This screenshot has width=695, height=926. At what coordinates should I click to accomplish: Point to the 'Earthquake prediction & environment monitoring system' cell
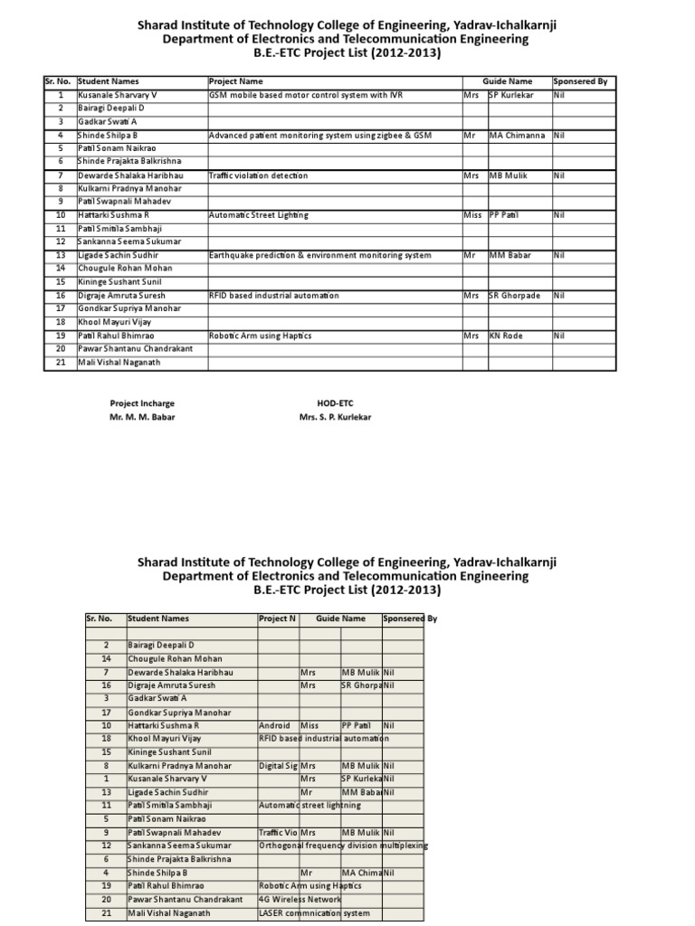coord(319,255)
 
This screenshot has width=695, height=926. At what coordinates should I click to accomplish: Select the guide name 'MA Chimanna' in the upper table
coord(517,135)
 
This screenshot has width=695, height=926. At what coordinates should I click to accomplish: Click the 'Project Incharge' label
coord(142,403)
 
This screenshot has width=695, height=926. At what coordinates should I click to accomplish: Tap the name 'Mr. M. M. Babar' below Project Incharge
coord(142,417)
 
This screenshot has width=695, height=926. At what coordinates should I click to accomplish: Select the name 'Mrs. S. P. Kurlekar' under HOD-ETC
coord(334,417)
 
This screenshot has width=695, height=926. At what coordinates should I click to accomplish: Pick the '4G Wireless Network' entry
coord(300,899)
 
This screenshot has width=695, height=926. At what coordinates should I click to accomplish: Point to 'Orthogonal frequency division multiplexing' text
coord(343,846)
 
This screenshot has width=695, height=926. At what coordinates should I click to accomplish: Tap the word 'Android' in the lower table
coord(274,725)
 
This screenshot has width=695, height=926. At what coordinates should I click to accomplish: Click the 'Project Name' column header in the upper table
coord(236,81)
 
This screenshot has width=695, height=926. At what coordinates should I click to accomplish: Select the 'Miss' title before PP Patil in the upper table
coord(472,215)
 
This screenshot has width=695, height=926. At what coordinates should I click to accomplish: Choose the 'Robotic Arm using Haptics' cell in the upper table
coord(260,335)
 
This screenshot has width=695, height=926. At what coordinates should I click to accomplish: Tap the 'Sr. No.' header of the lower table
coord(99,619)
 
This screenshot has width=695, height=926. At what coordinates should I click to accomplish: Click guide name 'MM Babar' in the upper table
coord(509,255)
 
